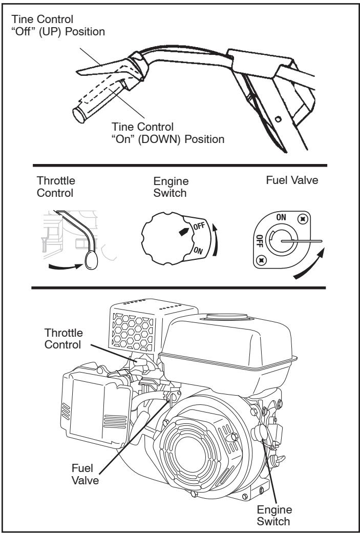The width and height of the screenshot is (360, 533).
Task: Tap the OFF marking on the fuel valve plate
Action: click(x=259, y=240)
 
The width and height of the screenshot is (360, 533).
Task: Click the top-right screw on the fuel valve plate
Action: click(x=304, y=219)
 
